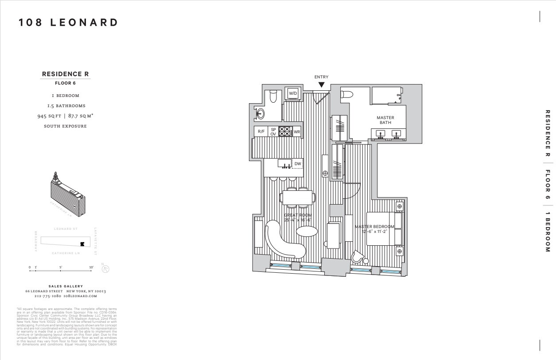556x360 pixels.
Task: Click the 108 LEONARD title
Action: (69, 23)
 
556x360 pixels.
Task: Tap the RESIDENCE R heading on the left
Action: (66, 74)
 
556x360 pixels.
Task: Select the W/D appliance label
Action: (293, 93)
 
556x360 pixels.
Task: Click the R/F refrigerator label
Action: (261, 132)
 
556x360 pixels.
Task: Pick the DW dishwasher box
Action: (298, 164)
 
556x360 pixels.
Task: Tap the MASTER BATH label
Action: (385, 120)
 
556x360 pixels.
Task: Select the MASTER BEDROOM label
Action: (374, 229)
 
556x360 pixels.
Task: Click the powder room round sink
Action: (261, 114)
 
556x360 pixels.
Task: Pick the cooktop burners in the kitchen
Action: (284, 132)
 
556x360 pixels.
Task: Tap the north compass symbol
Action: (105, 268)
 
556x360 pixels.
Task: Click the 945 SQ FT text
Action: (50, 116)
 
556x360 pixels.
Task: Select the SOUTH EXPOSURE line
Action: (65, 126)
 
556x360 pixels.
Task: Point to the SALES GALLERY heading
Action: (65, 286)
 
